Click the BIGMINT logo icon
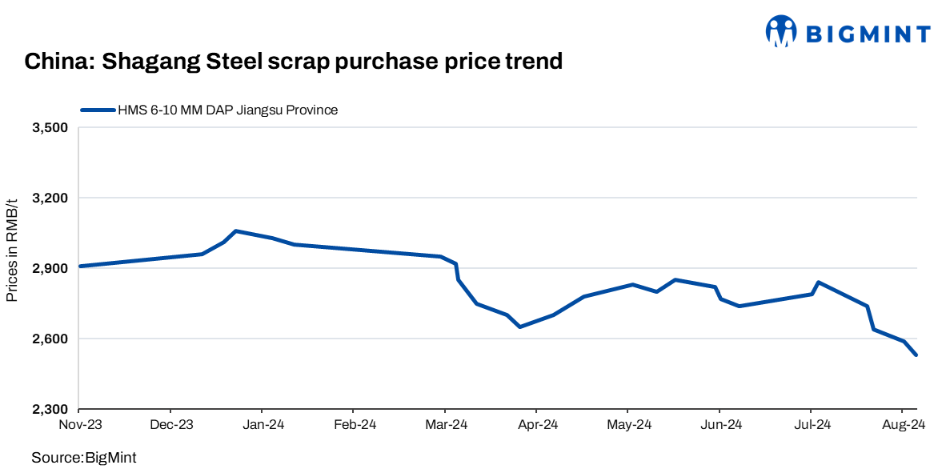tap(781, 31)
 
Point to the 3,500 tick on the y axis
tap(50, 128)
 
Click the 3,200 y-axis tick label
tap(50, 198)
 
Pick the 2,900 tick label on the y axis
tap(50, 269)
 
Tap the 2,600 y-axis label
tap(50, 339)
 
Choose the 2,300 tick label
tap(50, 410)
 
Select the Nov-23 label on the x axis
tap(81, 425)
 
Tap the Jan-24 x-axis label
tap(263, 425)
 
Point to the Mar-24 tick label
tap(446, 425)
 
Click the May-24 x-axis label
tap(628, 425)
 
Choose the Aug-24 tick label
tap(903, 425)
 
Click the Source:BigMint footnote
tap(84, 458)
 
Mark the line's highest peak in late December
tap(235, 231)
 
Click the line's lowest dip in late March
tap(519, 327)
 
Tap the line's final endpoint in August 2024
tap(916, 355)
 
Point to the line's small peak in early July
tap(818, 282)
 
